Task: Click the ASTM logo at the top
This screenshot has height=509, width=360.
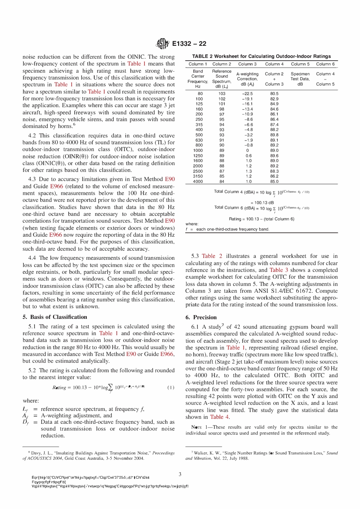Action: click(162, 44)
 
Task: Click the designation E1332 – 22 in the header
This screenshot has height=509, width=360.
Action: click(189, 44)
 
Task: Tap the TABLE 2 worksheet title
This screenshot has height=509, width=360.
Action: click(261, 56)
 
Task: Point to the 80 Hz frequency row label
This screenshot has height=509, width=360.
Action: click(200, 94)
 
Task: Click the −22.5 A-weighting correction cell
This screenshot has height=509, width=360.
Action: click(247, 94)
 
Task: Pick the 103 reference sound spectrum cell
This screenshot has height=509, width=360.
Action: click(222, 94)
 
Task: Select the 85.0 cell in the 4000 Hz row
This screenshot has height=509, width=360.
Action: click(274, 181)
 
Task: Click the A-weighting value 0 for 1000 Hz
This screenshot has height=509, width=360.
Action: click(247, 150)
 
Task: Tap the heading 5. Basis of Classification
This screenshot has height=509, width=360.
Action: click(55, 317)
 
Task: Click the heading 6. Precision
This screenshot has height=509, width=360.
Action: click(201, 317)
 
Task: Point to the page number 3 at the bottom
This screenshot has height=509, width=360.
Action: click(180, 474)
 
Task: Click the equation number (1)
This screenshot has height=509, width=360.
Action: click(171, 387)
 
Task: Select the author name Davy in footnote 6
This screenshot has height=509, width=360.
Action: click(36, 453)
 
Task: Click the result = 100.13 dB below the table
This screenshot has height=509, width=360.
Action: click(262, 203)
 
